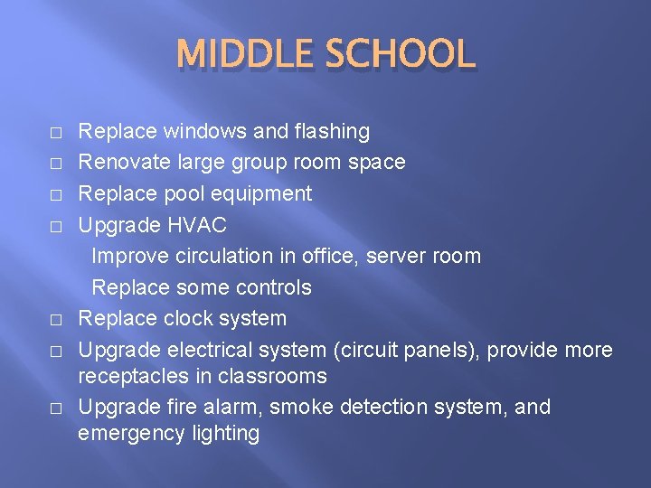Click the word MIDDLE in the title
241,55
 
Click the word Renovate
119,163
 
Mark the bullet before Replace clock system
56,320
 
